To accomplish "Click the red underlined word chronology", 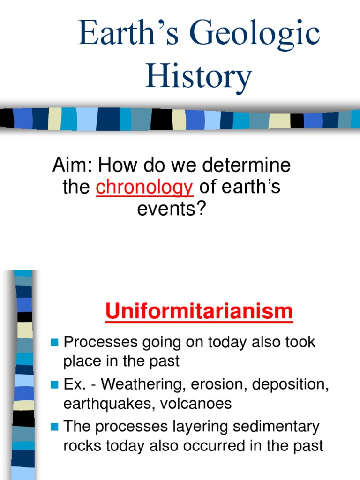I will [144, 187].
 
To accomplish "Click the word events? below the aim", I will [172, 209].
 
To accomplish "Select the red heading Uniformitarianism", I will [199, 312].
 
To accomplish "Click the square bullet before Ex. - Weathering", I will [54, 385].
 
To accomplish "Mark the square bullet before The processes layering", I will [54, 427].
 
